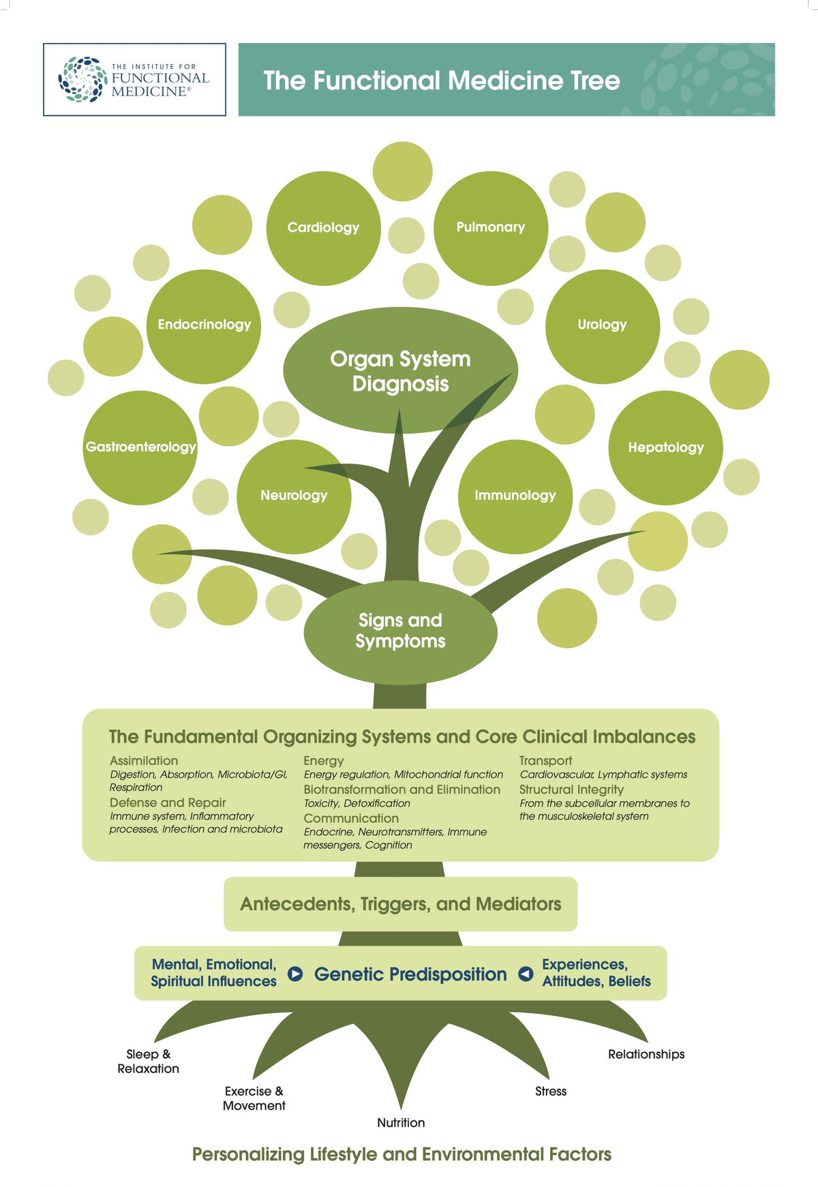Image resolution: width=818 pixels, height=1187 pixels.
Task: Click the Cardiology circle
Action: pos(323,228)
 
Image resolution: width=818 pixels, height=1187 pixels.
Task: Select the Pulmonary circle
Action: pos(491,228)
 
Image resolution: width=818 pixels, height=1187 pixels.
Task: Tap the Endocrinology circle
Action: pos(204,325)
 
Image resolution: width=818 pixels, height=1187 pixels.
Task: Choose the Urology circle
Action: pos(603,325)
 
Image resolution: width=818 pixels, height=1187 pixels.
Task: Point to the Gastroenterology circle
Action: pos(140,447)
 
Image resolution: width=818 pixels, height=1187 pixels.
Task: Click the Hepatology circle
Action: pos(665,447)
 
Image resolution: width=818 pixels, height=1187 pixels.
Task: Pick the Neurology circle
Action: pos(294,496)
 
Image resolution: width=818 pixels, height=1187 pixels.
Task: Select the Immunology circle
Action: pos(515,496)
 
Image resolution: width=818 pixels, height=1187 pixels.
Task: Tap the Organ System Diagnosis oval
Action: pos(400,371)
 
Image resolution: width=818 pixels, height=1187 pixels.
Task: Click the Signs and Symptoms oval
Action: pos(400,631)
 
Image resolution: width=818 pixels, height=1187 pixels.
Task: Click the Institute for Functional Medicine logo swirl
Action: pos(82,80)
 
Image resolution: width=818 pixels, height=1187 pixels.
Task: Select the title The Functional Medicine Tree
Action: pos(442,80)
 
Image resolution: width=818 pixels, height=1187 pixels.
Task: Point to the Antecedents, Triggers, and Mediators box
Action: pos(400,904)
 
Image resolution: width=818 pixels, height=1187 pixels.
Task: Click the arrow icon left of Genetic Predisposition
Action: pos(295,974)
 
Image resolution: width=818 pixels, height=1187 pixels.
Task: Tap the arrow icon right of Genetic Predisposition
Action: pos(526,974)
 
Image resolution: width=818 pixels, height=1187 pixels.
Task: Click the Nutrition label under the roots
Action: pos(401,1122)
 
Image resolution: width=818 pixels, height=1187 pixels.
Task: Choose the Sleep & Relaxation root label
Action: pos(148,1062)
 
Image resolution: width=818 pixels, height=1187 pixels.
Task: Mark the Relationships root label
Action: pos(646,1054)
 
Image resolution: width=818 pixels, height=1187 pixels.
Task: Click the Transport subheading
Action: pos(545,760)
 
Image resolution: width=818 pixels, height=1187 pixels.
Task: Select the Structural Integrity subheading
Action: pos(571,789)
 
